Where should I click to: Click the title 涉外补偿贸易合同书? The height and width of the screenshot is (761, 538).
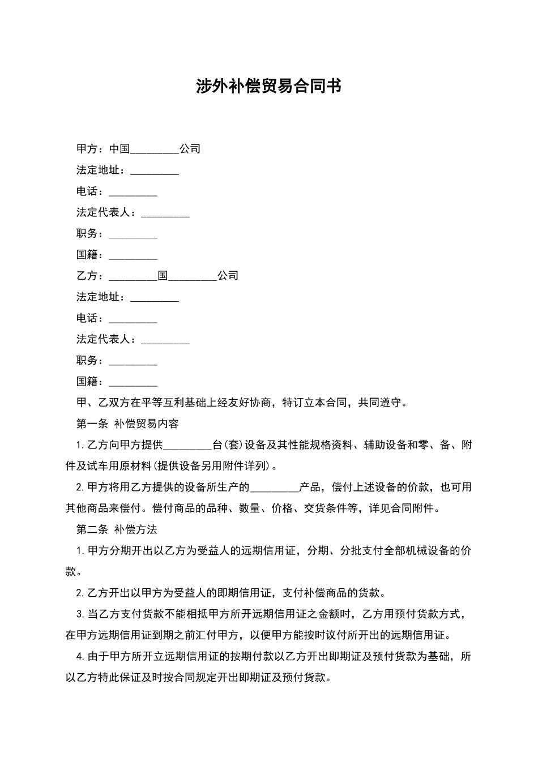click(x=269, y=87)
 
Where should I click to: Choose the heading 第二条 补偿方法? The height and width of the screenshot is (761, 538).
click(x=117, y=529)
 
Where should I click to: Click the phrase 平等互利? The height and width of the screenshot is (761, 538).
click(x=165, y=403)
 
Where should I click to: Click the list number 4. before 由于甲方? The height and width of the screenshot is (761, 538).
click(x=80, y=657)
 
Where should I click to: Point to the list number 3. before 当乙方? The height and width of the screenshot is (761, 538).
click(x=80, y=614)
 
